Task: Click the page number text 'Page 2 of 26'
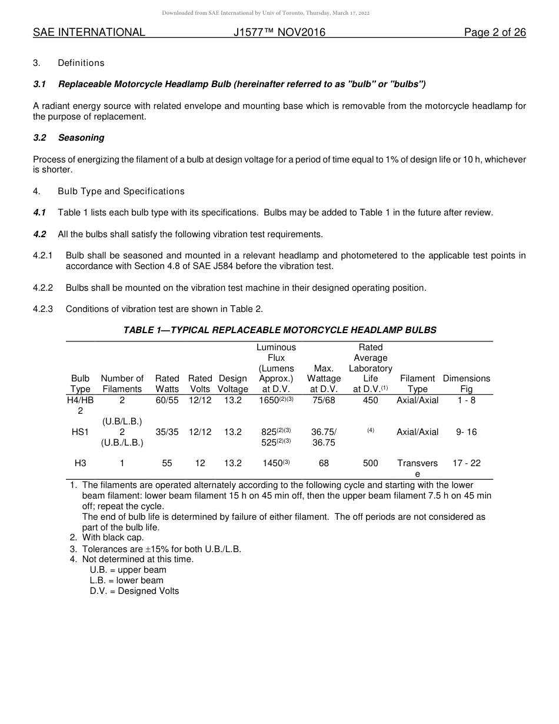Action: [495, 32]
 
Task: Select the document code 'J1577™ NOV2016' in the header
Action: [279, 32]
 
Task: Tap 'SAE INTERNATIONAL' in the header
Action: [89, 32]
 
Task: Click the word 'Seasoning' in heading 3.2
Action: [81, 138]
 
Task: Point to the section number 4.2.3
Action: [43, 309]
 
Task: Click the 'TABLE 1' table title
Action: [279, 330]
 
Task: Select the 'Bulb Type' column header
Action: [81, 384]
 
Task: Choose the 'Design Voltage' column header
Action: [233, 384]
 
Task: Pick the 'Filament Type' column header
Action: [417, 384]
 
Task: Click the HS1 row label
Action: [81, 432]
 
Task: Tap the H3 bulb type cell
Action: [81, 463]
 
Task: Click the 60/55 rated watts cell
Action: [167, 400]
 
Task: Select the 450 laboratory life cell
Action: [371, 400]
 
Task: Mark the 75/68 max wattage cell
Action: [324, 400]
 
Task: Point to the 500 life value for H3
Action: [371, 463]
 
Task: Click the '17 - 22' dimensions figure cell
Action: [466, 463]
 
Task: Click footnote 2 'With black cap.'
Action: [112, 537]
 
